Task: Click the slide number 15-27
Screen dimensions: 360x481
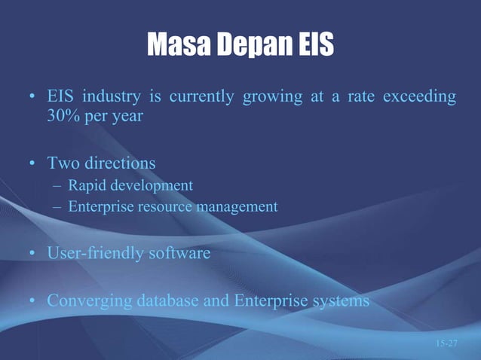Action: (446, 343)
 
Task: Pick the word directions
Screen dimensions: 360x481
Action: (119, 163)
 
